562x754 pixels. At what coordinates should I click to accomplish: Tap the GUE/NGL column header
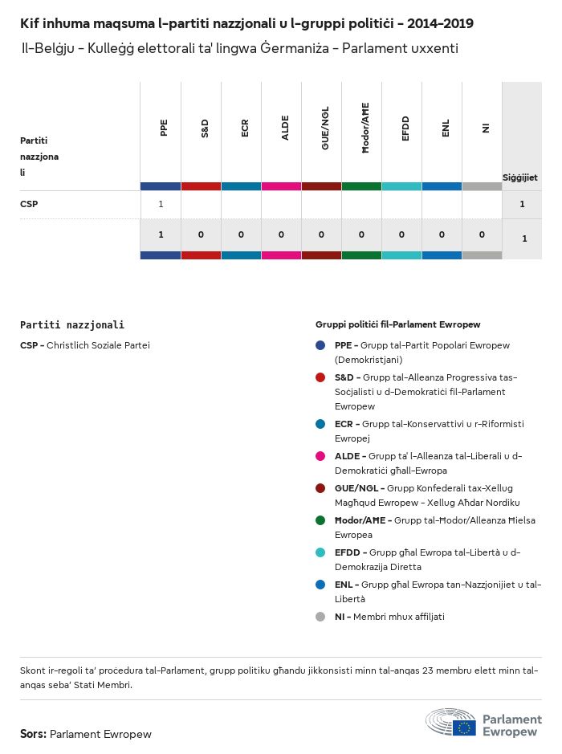[324, 128]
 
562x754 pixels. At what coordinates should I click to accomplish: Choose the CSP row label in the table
[29, 204]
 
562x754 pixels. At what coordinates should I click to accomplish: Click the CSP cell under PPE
[161, 204]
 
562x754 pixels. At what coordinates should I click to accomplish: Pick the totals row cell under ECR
[241, 234]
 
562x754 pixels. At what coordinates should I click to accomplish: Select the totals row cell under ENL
[442, 234]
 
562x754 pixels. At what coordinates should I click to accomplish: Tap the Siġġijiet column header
[519, 177]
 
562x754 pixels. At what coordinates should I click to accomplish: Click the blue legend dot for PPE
[320, 345]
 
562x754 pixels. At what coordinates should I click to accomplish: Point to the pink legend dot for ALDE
[320, 456]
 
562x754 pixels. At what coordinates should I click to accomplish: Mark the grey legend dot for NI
[320, 617]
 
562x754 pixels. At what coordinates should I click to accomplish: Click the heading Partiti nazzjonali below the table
[72, 325]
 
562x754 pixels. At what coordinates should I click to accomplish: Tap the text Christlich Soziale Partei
[98, 345]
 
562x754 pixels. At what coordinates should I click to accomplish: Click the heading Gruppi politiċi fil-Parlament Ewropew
[397, 324]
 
